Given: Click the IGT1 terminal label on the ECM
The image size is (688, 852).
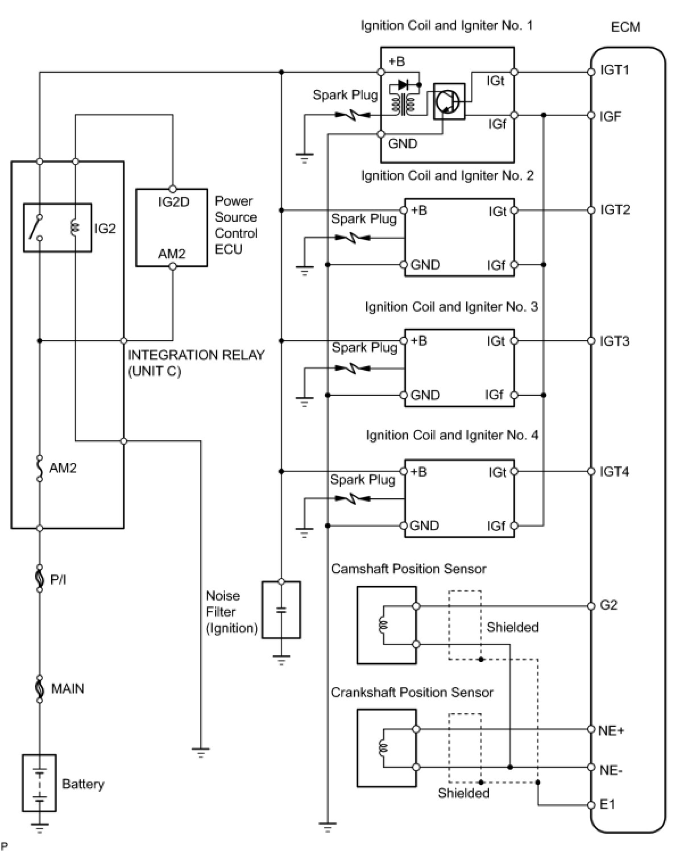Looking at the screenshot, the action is pyautogui.click(x=615, y=70).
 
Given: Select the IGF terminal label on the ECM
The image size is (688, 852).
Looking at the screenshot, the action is pyautogui.click(x=610, y=117).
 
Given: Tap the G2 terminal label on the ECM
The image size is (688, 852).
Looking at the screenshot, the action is pyautogui.click(x=608, y=605).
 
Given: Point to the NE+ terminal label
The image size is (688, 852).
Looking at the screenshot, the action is pyautogui.click(x=611, y=730).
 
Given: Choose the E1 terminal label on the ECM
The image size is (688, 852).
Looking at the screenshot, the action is pyautogui.click(x=607, y=804).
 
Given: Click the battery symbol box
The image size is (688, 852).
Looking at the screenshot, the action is pyautogui.click(x=39, y=783).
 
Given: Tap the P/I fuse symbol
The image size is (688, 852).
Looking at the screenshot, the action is pyautogui.click(x=40, y=578).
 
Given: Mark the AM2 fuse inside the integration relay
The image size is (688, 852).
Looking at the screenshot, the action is pyautogui.click(x=40, y=468).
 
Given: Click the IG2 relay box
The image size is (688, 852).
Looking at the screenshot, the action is pyautogui.click(x=57, y=228).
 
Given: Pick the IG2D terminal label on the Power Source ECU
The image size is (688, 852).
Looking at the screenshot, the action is pyautogui.click(x=173, y=202).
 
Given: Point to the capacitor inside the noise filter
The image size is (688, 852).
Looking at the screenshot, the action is pyautogui.click(x=281, y=610).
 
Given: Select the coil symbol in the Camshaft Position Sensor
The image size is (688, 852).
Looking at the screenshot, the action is pyautogui.click(x=383, y=625).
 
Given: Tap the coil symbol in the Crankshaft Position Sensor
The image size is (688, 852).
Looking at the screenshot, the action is pyautogui.click(x=383, y=747).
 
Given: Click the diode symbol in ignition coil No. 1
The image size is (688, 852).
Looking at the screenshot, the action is pyautogui.click(x=403, y=85).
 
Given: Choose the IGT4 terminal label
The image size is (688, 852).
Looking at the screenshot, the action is pyautogui.click(x=614, y=472).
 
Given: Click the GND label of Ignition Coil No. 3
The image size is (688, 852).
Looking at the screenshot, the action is pyautogui.click(x=425, y=395).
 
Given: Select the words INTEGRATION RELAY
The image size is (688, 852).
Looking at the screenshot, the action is pyautogui.click(x=196, y=355).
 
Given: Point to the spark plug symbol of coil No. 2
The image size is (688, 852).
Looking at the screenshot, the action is pyautogui.click(x=353, y=238).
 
